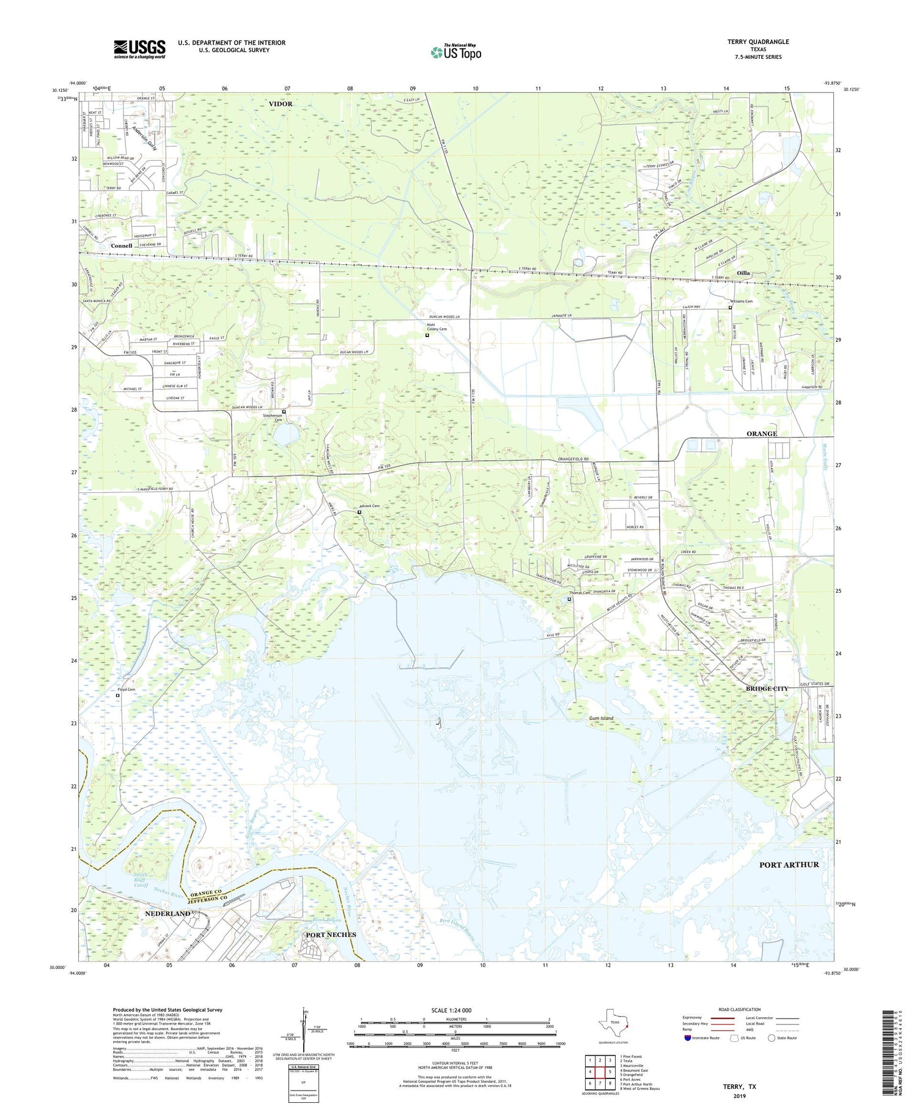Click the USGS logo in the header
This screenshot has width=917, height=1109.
[139, 49]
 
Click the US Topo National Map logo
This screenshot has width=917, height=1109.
[455, 52]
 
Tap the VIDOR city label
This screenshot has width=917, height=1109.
[281, 104]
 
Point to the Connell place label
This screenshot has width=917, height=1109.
[122, 246]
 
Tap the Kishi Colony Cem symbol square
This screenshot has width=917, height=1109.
[427, 335]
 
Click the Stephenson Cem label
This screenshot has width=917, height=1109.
[273, 417]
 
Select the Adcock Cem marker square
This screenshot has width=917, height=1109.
[359, 512]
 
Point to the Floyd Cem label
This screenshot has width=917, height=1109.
[127, 689]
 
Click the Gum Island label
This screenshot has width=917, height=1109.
[601, 718]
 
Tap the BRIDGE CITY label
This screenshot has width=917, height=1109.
[767, 689]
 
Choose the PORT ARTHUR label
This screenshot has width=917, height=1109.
[789, 864]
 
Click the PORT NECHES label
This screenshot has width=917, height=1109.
[330, 935]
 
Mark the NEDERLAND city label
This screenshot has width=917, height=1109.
[168, 913]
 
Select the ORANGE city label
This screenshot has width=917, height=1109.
[761, 434]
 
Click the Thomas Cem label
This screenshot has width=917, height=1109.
[580, 593]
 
